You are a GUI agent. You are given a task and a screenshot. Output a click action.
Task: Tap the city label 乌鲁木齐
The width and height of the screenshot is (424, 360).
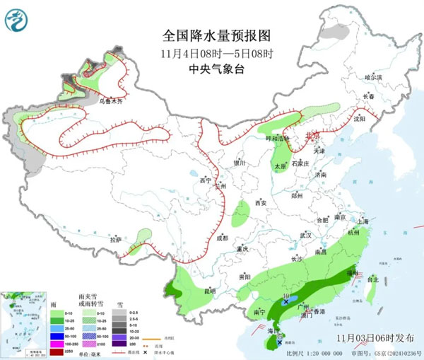click(x=110, y=101)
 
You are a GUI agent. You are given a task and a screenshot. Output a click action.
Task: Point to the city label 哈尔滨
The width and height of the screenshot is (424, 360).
click(x=372, y=77)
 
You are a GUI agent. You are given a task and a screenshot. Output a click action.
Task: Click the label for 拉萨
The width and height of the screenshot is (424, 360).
click(x=114, y=240)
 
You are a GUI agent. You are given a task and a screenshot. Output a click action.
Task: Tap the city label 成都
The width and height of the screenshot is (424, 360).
click(x=223, y=238)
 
